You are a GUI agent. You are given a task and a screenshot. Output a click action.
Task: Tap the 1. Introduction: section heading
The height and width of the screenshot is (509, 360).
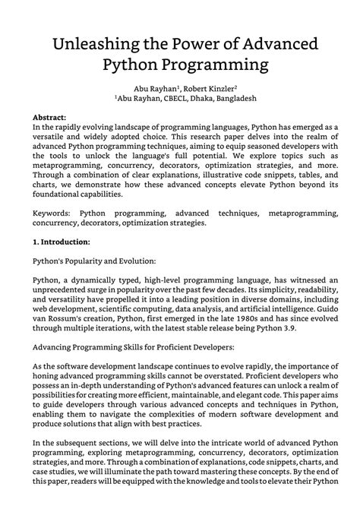point(62,242)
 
